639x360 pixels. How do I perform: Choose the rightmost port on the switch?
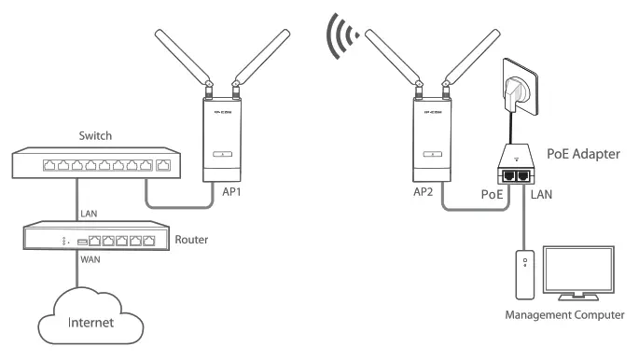click(x=164, y=167)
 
